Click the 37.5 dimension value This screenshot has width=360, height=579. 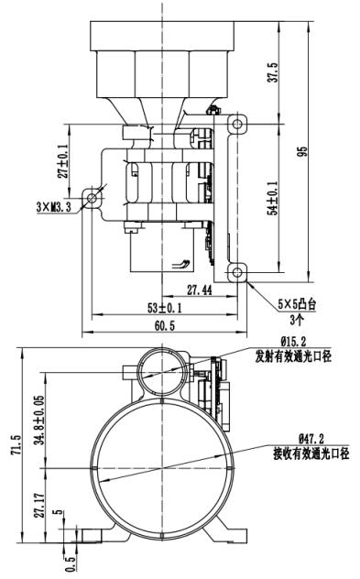(x=274, y=72)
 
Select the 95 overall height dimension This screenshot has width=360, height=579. (x=302, y=152)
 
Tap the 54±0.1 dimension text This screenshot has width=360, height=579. (x=274, y=198)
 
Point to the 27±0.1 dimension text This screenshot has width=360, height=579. (x=63, y=161)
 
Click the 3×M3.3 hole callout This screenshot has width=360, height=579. (x=53, y=207)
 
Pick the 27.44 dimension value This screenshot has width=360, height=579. (x=200, y=290)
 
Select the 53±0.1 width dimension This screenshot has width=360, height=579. (x=165, y=308)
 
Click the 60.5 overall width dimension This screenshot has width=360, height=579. (x=165, y=326)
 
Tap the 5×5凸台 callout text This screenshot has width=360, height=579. (x=297, y=304)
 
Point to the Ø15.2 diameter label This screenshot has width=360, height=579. (x=294, y=341)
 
